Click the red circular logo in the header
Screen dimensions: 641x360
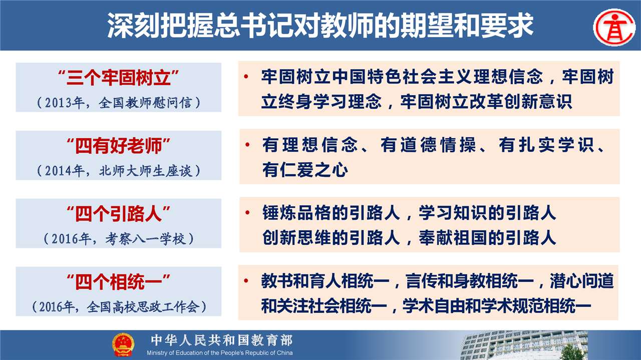pos(614,27)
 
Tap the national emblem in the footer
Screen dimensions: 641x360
pos(123,344)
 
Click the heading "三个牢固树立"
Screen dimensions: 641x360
pos(119,78)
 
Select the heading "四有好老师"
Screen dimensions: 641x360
pos(119,146)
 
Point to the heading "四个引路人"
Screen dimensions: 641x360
pos(119,214)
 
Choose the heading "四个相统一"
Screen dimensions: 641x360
pos(119,282)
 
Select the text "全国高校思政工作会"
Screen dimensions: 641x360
pos(143,307)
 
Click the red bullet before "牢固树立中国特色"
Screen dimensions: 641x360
pos(246,77)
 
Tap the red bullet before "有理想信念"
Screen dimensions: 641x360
pos(247,145)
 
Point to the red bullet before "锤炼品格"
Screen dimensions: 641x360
pos(247,213)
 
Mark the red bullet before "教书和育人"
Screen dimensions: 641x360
pos(246,281)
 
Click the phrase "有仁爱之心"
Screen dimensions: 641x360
pos(305,170)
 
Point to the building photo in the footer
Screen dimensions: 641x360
pos(524,345)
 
